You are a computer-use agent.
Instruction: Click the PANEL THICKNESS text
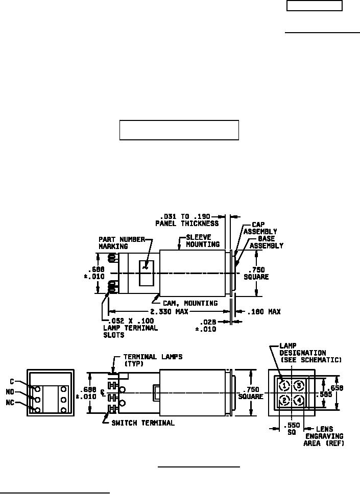pos(187,224)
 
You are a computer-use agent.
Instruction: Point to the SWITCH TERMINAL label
pos(143,423)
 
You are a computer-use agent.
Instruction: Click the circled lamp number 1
pos(285,384)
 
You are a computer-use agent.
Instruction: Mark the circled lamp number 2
pos(285,400)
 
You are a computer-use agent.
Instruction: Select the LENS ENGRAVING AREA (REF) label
pos(324,436)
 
